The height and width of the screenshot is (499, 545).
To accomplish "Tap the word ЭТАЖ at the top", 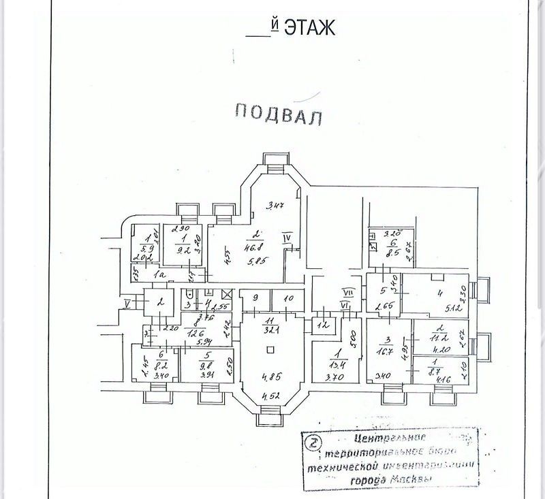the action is coord(309,28).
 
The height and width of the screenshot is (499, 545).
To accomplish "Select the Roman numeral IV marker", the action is coord(287,238).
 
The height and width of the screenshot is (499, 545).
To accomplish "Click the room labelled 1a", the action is coord(159,274).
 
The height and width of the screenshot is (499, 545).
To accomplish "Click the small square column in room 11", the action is coord(271,350).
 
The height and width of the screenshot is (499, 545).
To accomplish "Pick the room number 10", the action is coord(288,299).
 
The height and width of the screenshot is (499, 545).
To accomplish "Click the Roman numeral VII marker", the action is coord(347,292).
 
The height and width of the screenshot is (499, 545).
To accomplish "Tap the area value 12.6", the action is coord(197,333).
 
